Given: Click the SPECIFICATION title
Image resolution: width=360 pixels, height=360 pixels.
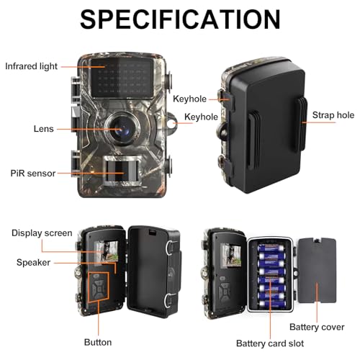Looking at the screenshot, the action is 180,19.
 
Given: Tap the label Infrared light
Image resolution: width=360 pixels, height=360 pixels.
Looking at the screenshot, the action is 31,66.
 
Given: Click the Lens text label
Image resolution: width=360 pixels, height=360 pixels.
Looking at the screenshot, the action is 43,129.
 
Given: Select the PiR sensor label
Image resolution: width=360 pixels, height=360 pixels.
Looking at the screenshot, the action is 33,174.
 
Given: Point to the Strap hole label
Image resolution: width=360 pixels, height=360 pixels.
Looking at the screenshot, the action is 333,115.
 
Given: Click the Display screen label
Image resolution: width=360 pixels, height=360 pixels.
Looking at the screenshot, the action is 42,233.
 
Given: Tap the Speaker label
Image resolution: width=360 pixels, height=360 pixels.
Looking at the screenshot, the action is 33,262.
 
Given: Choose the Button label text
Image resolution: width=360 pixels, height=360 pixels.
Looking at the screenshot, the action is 98,342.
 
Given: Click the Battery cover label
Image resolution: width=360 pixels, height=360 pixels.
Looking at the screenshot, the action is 317,327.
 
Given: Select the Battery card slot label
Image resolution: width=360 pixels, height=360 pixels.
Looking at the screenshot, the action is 270,343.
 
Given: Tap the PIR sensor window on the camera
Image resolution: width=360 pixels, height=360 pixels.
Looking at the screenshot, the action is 122,171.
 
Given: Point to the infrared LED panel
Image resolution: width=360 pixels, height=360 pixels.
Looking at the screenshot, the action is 122,78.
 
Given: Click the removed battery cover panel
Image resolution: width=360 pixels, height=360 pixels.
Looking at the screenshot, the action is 317,271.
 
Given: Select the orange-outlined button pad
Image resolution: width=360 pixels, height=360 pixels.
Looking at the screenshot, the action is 99,287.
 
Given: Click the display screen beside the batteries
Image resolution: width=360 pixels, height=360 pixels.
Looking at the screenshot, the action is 231,255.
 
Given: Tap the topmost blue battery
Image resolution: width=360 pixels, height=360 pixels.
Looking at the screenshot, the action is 271,248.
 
